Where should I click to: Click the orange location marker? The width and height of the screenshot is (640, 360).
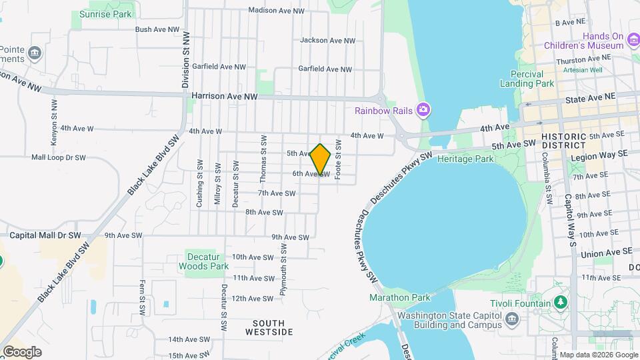(x=321, y=160)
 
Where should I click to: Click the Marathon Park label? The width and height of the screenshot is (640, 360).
(x=400, y=297)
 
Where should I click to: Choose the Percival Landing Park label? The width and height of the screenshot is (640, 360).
(x=532, y=79)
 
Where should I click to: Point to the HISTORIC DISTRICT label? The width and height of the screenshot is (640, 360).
(x=563, y=141)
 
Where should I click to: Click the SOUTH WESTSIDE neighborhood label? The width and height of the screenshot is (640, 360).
(x=269, y=327)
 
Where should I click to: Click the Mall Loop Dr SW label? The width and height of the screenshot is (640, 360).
(x=59, y=158)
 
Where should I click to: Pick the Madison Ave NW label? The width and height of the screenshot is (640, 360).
(x=276, y=11)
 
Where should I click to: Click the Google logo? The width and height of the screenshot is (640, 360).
(x=22, y=351)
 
